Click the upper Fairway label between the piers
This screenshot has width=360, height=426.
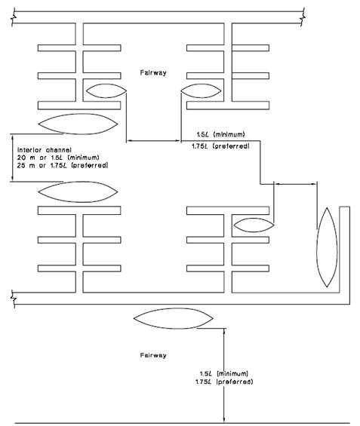(153, 72)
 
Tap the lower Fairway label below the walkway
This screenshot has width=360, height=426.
(153, 355)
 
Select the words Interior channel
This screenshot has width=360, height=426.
(45, 150)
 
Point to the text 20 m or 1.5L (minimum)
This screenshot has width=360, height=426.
(58, 158)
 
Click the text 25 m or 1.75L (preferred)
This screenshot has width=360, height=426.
(63, 165)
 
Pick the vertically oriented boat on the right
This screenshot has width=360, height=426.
(327, 247)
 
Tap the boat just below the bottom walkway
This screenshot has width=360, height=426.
(173, 318)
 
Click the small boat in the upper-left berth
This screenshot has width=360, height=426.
(106, 90)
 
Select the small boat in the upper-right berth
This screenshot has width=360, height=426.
(201, 90)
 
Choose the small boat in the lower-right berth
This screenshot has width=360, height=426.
(254, 225)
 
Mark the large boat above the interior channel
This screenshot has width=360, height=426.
(78, 124)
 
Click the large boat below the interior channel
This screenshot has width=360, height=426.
(78, 192)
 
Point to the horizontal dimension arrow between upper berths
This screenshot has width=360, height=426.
(154, 141)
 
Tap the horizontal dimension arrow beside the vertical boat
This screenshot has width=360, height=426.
(295, 184)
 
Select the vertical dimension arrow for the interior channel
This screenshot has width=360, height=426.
(12, 158)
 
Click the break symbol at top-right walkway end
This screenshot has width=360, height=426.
(303, 17)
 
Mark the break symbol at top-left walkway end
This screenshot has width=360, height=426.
(14, 17)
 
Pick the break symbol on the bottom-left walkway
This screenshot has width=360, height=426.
(14, 299)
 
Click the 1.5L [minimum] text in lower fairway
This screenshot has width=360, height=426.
(224, 373)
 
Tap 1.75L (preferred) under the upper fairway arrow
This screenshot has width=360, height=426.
(220, 146)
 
